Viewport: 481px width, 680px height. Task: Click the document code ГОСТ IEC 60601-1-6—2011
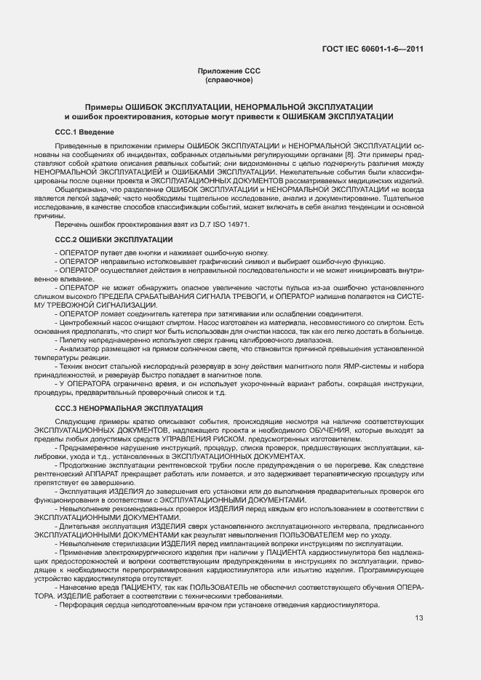[372, 49]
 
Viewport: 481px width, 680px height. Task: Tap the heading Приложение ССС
[228, 71]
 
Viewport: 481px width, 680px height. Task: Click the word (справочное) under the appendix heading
[228, 79]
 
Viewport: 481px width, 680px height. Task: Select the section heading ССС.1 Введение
[84, 132]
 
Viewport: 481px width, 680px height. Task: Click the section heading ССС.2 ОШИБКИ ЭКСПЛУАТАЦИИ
[114, 239]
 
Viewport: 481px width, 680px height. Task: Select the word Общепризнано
[78, 189]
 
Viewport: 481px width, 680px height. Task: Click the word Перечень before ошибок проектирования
[71, 226]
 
